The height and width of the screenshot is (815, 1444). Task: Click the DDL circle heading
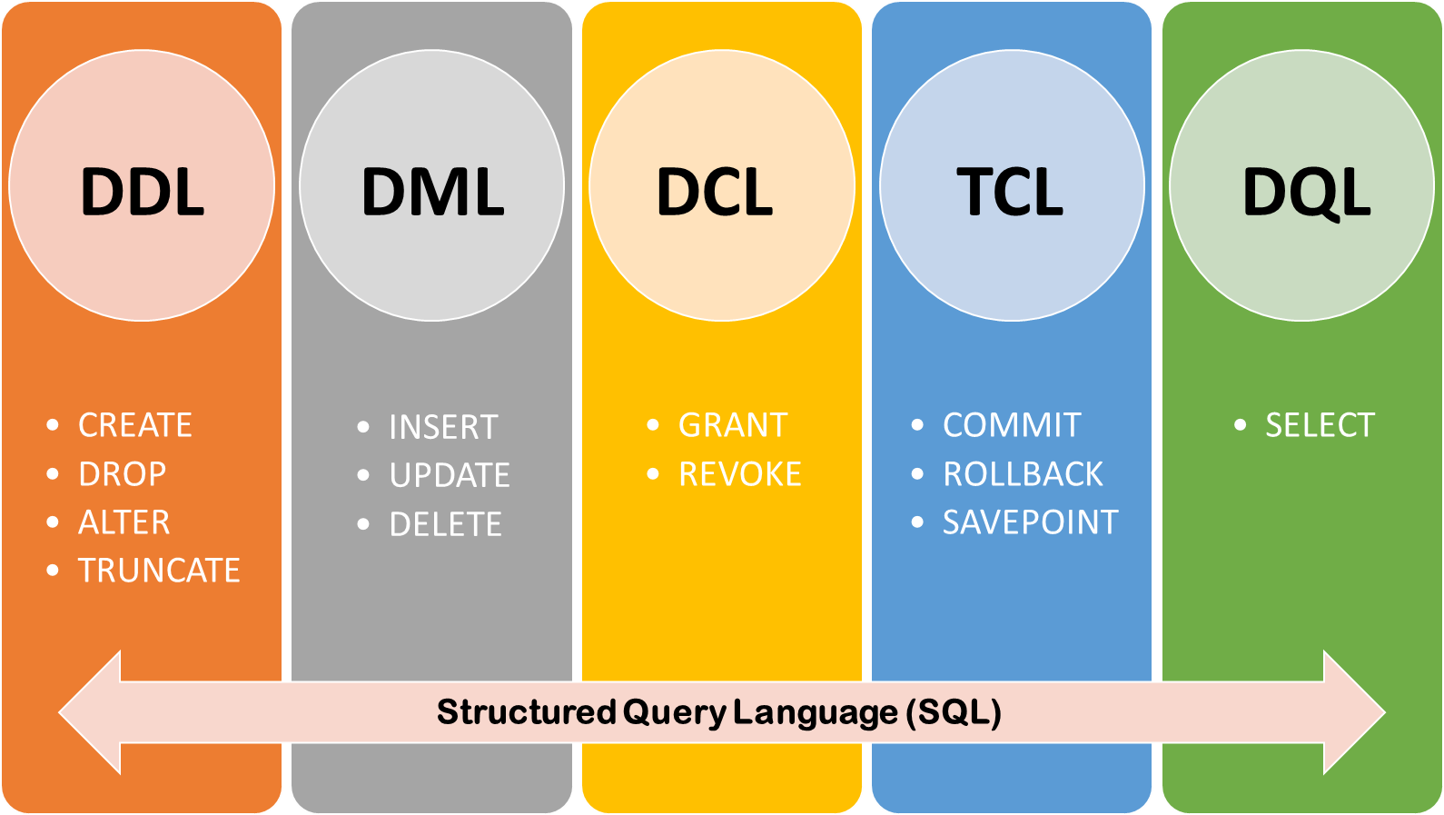point(143,192)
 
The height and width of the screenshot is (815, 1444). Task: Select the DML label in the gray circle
point(432,192)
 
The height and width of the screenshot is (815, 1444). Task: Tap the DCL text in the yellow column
point(715,192)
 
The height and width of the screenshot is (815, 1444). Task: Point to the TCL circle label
point(1010,192)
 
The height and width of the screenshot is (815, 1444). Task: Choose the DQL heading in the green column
point(1306,192)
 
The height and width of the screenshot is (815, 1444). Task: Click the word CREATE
point(135,425)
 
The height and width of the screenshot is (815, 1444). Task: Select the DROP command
point(123,474)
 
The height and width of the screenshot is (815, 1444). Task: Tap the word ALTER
point(124,522)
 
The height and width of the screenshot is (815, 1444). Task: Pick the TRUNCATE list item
point(159,571)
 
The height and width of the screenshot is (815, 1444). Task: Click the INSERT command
point(443,427)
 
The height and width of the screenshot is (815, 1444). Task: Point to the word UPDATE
point(450,475)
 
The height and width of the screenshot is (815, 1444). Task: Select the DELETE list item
point(445,524)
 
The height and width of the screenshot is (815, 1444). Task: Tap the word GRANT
point(733,425)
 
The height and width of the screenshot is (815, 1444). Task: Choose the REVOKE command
point(740,474)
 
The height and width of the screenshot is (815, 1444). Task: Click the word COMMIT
point(1012,425)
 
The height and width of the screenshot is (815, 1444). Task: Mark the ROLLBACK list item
point(1023,474)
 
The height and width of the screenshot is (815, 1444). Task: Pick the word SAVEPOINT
point(1030,522)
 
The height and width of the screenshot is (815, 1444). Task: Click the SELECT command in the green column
point(1320,425)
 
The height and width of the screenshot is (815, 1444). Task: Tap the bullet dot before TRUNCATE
point(53,571)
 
